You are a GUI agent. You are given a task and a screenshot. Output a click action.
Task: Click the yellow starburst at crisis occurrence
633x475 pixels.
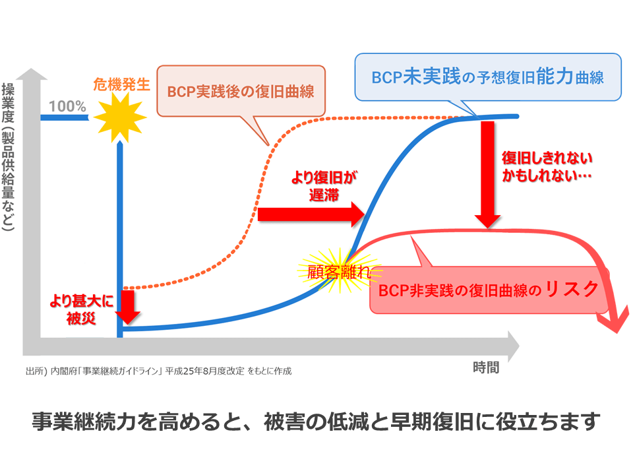(x=119, y=118)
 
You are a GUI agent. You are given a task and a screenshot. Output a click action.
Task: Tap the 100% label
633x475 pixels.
(x=67, y=106)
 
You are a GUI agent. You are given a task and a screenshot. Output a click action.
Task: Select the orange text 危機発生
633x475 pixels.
(x=122, y=84)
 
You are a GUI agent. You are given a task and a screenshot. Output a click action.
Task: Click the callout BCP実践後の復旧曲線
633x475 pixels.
(x=240, y=91)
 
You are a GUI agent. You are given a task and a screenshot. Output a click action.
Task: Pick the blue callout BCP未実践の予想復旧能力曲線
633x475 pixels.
(x=487, y=77)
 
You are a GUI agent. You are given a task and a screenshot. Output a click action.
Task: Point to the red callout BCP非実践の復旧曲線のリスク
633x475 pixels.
(x=489, y=290)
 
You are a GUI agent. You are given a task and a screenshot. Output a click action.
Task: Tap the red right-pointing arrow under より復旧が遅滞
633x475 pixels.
(x=311, y=214)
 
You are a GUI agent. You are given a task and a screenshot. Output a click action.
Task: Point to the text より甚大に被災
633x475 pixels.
(x=81, y=309)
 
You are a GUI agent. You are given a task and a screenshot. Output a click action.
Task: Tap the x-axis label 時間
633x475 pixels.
(x=486, y=367)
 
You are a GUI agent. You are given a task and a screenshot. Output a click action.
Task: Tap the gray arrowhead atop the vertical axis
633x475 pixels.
(x=32, y=72)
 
